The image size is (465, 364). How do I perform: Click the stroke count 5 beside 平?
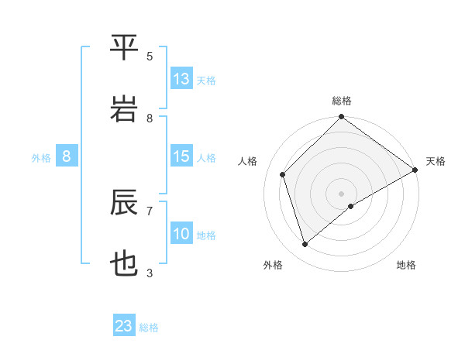150,57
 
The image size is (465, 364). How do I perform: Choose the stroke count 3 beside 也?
150,273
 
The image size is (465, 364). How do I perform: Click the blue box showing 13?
181,79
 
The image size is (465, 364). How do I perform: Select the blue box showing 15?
181,156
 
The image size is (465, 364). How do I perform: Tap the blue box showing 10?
181,234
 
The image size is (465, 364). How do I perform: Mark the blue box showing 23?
124,326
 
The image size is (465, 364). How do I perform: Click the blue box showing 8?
67,156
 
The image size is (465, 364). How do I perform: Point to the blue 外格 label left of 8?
41,158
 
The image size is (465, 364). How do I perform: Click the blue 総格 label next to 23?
149,328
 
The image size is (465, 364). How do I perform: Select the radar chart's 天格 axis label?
436,161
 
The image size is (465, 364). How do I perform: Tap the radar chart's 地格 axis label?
406,265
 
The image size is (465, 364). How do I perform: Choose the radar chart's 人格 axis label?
248,161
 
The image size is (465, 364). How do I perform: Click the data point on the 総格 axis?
341,118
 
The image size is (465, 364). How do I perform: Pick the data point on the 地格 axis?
351,206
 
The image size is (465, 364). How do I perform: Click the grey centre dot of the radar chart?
341,192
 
